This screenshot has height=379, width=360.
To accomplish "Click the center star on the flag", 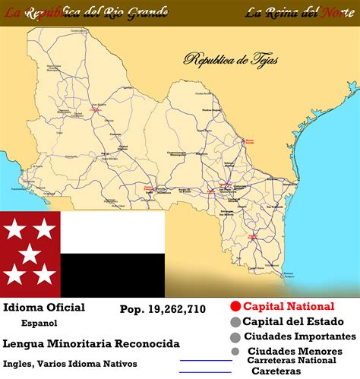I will click(x=30, y=254).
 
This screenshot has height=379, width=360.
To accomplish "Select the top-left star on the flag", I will click(x=15, y=226).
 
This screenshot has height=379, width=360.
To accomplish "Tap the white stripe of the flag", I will click(x=112, y=232).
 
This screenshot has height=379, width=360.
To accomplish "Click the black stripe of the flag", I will click(x=112, y=274).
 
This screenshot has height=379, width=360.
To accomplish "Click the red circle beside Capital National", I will click(x=235, y=307).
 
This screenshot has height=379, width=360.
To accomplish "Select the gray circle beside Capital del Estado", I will click(x=235, y=322).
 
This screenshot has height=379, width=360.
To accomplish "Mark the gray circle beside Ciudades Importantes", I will click(x=235, y=337).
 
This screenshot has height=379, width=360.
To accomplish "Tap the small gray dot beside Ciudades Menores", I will click(x=235, y=352).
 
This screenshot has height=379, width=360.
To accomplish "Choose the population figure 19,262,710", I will click(x=163, y=309).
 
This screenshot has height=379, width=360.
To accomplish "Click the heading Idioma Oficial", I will click(x=44, y=308).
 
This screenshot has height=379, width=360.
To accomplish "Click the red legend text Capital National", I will click(x=288, y=307).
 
